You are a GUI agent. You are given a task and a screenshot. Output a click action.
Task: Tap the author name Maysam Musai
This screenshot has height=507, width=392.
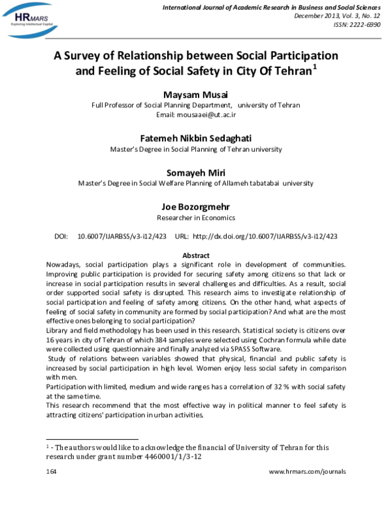click(195, 94)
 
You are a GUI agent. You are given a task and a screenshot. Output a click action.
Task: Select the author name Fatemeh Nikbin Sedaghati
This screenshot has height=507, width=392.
click(195, 138)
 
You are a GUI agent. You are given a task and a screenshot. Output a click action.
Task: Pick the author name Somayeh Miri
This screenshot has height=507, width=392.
click(195, 172)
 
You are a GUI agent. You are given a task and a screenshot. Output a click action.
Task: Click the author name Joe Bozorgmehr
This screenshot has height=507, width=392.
click(195, 206)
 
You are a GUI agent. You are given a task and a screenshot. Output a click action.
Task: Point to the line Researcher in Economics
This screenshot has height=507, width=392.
click(195, 218)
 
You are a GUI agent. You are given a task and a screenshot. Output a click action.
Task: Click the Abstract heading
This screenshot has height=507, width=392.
click(195, 255)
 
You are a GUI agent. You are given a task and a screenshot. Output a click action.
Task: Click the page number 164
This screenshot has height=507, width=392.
click(52, 471)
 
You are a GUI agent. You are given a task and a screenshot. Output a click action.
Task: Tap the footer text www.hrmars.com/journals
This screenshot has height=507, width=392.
click(307, 471)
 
